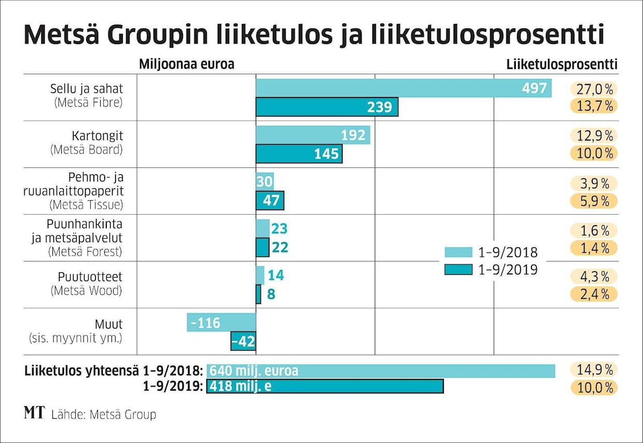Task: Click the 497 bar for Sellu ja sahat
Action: click(403, 88)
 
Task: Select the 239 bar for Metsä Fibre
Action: click(327, 107)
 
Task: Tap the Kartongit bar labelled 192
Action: click(313, 135)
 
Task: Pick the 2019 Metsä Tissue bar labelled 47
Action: click(270, 200)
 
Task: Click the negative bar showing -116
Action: click(221, 323)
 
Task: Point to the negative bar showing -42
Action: click(243, 341)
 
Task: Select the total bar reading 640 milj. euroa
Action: click(381, 371)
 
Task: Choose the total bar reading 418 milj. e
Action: click(325, 386)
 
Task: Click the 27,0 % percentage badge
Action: click(594, 89)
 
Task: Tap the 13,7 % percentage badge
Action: click(594, 106)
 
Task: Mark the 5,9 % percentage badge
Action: click(594, 201)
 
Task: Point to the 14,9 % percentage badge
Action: click(594, 370)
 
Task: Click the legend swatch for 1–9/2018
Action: click(458, 253)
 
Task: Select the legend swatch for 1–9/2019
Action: click(458, 270)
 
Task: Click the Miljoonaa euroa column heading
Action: click(187, 64)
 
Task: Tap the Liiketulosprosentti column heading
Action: click(562, 64)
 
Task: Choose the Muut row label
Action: click(109, 324)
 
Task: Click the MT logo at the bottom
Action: click(34, 413)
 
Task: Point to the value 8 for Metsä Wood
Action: click(271, 295)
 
